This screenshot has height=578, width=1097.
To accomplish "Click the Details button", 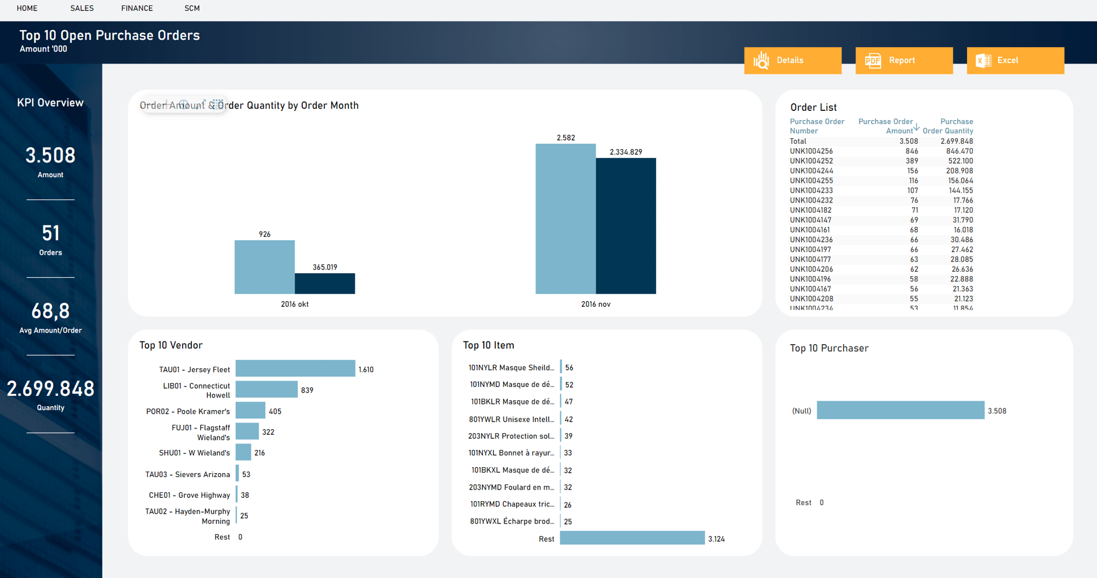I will pos(792,60).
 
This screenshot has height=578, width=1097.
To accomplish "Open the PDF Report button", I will pos(903,60).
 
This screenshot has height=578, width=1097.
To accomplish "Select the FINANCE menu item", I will pos(137,8).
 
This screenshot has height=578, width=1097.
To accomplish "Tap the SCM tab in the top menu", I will pos(192,8).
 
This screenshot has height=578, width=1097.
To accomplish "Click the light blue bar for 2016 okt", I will pos(264,267).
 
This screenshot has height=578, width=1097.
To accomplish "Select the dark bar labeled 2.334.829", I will pos(625,226).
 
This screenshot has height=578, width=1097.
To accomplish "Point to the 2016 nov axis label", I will pos(595,304).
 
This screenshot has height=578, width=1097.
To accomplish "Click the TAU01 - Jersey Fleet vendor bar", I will pos(295,368).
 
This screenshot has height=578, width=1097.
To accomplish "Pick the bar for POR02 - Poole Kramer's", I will pos(250,411).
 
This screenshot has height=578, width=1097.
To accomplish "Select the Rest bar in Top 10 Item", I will pos(632,538).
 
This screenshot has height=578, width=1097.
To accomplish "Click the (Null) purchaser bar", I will pos(900,410).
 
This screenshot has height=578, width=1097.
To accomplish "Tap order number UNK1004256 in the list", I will pos(811,151).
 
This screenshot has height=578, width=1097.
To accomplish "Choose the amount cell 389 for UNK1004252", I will pos(912,161).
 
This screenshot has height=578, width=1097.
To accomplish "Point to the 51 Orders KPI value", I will pos(50,234).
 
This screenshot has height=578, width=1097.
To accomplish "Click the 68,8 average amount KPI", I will pos(50,312).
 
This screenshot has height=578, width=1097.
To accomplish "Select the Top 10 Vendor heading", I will pos(171,345).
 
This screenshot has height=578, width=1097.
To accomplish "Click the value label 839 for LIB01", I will pos(307,390).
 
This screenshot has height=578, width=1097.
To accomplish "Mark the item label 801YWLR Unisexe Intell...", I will pos(511,419).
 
